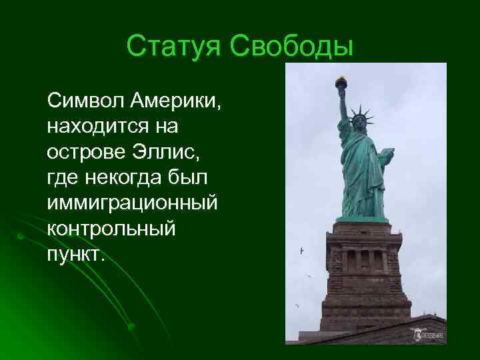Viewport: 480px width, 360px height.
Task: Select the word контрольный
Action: [111, 228]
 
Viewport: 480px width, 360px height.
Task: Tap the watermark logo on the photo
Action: [429, 334]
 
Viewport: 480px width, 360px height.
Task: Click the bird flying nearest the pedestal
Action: [302, 251]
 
